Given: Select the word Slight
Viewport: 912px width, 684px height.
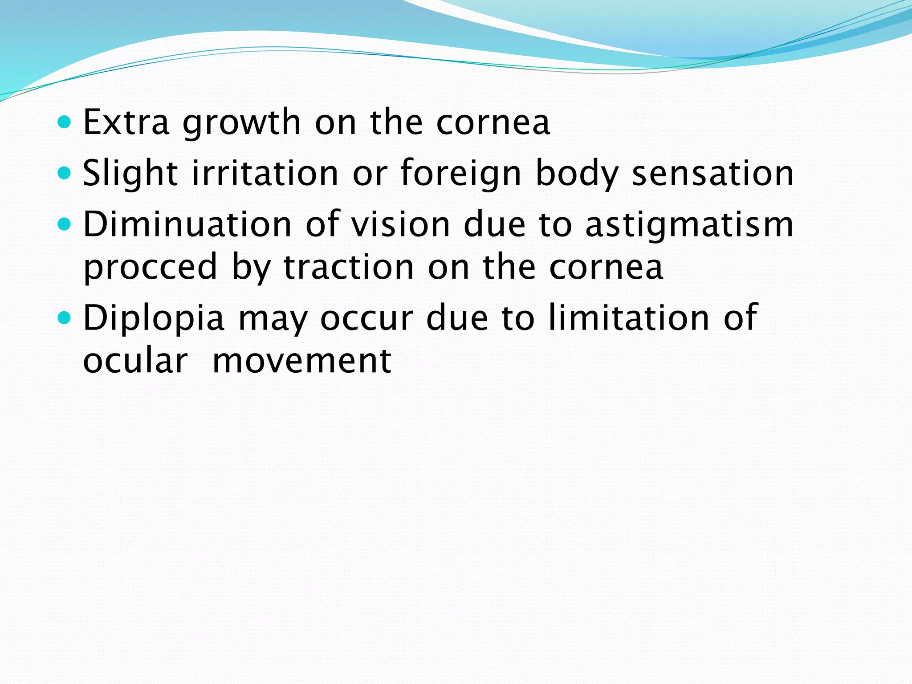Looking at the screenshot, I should [x=130, y=173].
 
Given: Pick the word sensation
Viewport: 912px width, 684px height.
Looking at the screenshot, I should [x=713, y=173].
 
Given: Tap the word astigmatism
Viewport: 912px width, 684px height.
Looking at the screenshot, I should [x=689, y=225].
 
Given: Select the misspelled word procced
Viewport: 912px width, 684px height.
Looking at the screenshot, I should [x=151, y=267].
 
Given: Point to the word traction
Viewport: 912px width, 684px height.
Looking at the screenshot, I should [x=349, y=267].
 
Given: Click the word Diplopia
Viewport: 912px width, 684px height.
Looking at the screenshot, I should [x=154, y=318].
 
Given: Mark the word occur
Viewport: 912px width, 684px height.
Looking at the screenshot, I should [x=366, y=318].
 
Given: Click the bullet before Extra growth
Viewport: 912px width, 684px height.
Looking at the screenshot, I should [x=65, y=122].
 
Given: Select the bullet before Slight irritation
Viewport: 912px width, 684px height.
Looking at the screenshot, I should [x=65, y=173].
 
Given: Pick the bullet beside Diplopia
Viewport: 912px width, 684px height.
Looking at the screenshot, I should [x=65, y=318].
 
